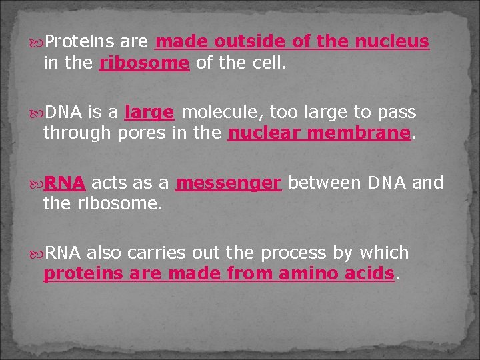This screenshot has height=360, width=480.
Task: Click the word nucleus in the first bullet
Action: [392, 42]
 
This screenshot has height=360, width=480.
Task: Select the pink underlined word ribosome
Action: [145, 63]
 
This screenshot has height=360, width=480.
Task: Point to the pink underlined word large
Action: [149, 112]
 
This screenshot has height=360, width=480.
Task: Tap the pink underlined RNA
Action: [65, 183]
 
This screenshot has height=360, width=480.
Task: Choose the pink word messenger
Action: [229, 183]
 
